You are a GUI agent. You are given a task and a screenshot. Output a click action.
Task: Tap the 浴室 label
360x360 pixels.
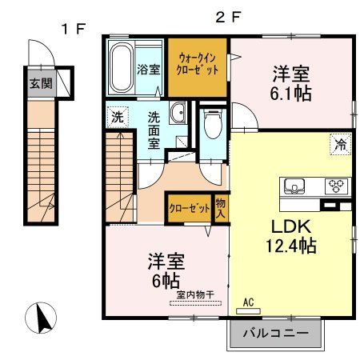[x=149, y=69]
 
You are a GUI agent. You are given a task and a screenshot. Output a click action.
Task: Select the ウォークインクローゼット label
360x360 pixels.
[x=197, y=62]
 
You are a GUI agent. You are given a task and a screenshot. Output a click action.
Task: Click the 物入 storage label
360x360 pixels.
[x=222, y=209]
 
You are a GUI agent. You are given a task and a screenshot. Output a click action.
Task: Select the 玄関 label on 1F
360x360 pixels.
[x=39, y=82]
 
